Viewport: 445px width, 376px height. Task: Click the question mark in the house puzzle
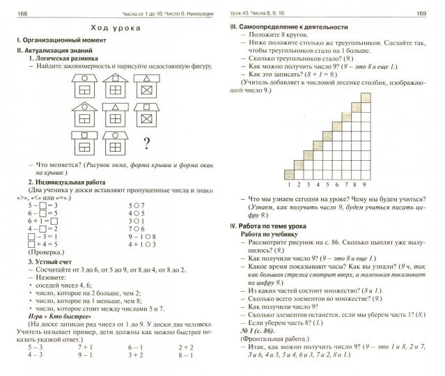147,144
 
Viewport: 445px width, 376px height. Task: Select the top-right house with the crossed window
148,86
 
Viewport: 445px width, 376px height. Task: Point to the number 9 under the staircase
364,185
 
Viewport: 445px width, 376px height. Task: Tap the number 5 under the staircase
326,185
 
